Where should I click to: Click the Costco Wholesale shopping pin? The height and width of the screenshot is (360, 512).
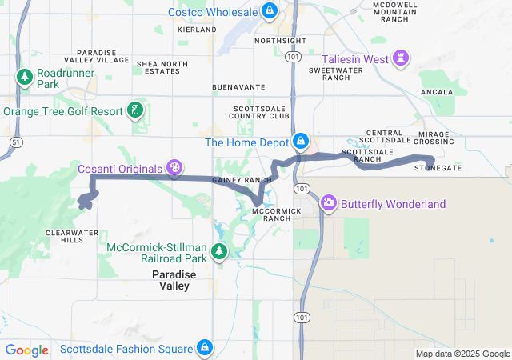point(270,11)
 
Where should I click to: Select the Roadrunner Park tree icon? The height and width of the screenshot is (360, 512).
point(24,78)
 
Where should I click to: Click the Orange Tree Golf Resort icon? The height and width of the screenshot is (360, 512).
point(136,110)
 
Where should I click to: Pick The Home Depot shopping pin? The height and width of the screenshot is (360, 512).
point(301,142)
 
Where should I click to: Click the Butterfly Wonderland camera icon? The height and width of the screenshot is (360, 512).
point(328,203)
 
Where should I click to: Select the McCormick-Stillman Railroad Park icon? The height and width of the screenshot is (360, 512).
point(218,253)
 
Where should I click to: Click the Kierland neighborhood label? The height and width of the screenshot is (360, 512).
point(197,29)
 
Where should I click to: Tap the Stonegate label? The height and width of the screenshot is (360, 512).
point(438,169)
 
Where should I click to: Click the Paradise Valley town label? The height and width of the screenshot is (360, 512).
point(170,280)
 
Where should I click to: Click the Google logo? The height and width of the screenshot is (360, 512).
point(27,350)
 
